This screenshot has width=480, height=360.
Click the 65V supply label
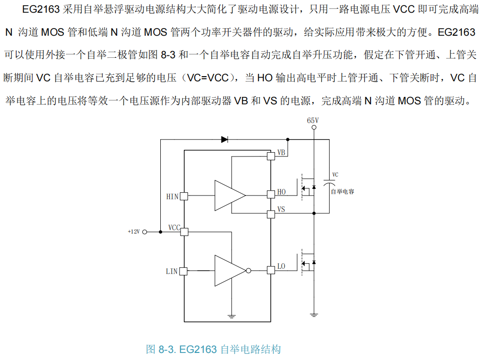click(x=313, y=121)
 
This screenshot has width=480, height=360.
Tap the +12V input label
click(x=134, y=232)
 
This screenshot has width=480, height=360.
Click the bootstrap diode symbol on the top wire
click(x=224, y=139)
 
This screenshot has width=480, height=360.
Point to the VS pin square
click(x=271, y=214)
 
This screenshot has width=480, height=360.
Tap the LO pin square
click(x=271, y=270)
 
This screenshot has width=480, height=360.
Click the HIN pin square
click(x=184, y=196)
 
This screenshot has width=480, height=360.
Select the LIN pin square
click(x=184, y=271)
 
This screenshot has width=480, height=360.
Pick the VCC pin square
click(x=184, y=232)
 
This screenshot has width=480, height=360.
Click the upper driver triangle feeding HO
click(x=228, y=195)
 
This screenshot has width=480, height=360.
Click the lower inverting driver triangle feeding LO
click(x=228, y=271)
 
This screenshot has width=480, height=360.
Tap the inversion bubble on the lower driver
click(x=249, y=271)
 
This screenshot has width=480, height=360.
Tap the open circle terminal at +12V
click(x=145, y=232)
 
